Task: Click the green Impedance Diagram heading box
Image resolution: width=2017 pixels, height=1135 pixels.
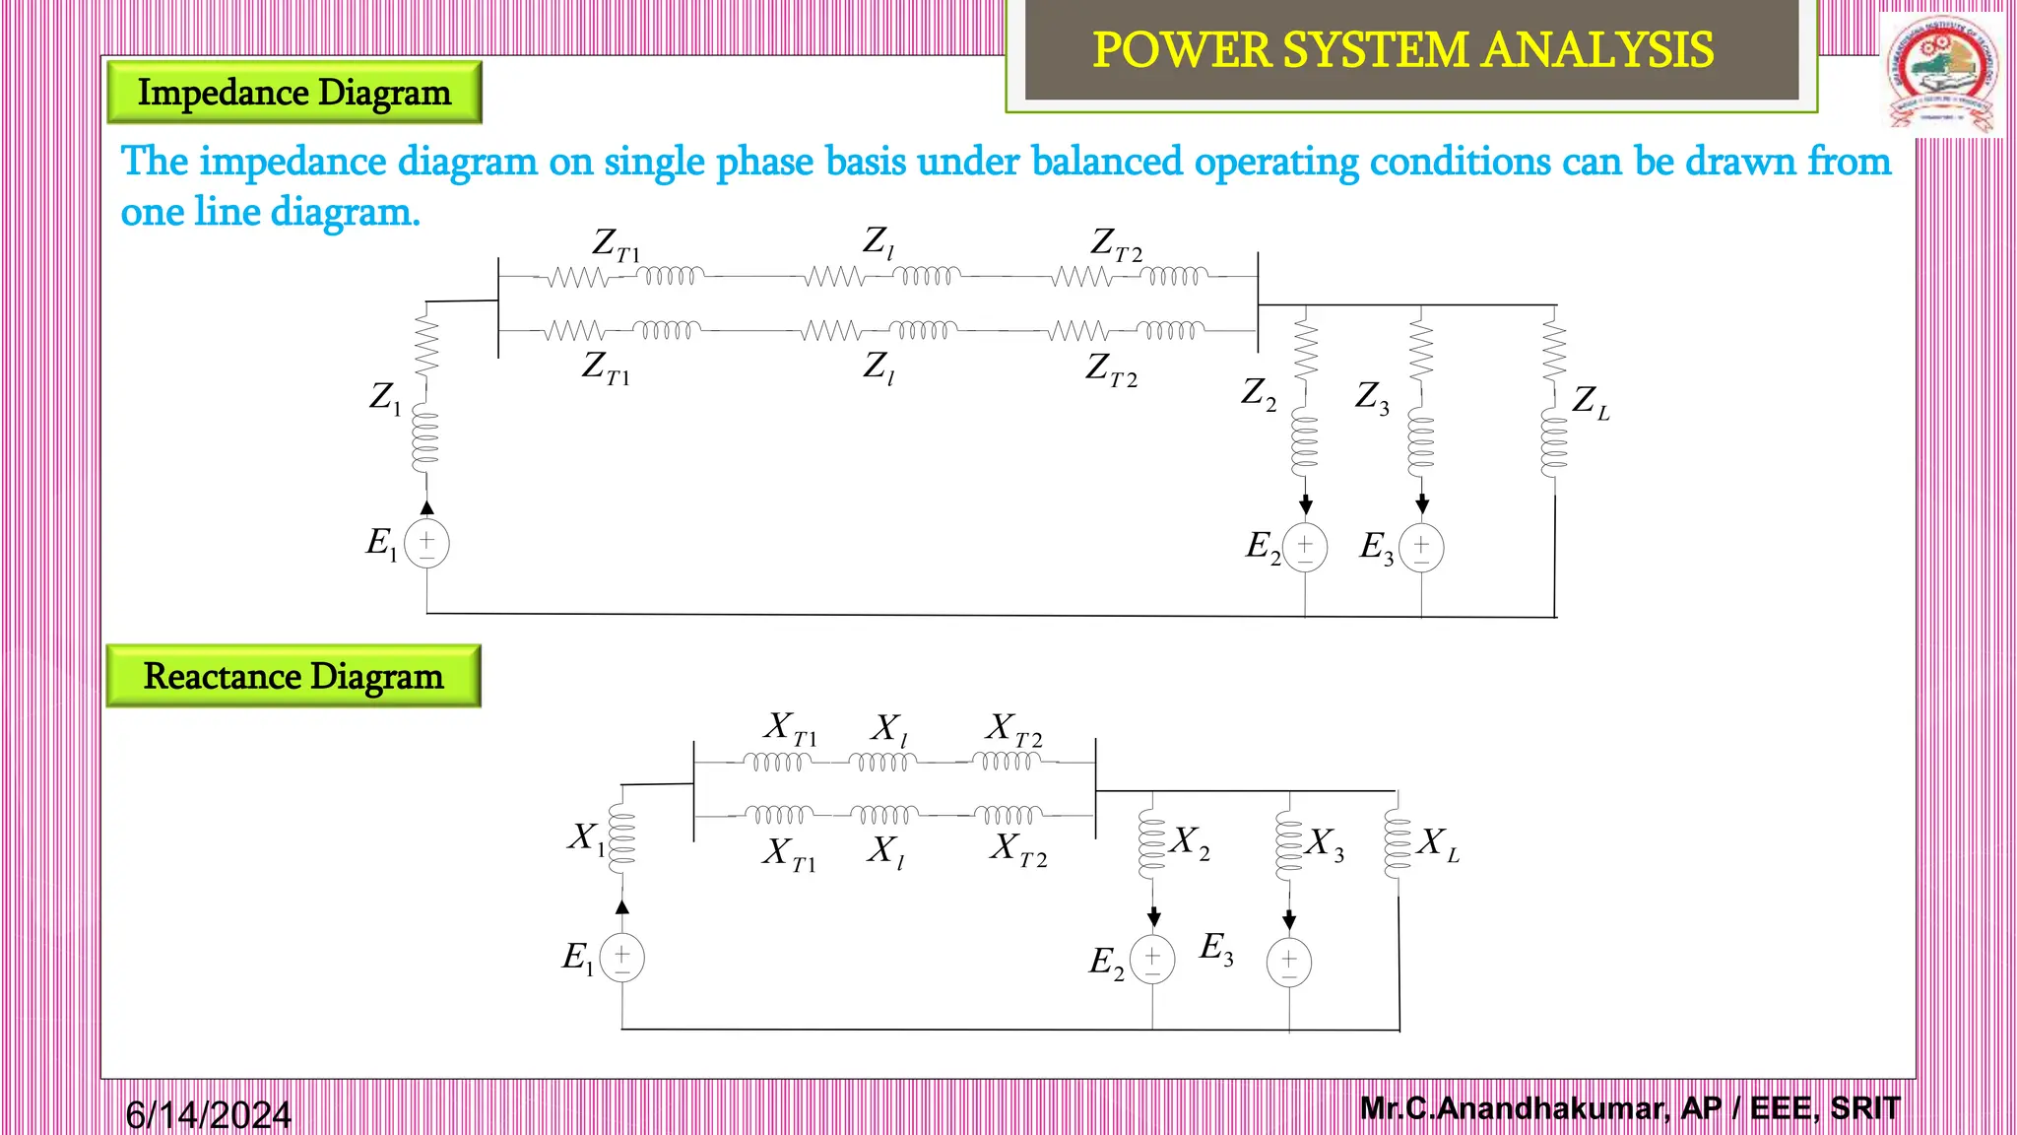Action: click(293, 93)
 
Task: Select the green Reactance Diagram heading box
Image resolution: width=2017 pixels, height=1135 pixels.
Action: click(293, 677)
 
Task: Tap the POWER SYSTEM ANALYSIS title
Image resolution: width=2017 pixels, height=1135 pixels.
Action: click(1402, 50)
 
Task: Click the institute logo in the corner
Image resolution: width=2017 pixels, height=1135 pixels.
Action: click(1943, 74)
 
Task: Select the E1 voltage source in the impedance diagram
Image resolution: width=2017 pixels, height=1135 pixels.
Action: click(426, 544)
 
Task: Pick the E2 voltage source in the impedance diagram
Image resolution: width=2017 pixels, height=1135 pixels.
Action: click(1305, 548)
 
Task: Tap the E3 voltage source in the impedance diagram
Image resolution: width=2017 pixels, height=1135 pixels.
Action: click(1421, 548)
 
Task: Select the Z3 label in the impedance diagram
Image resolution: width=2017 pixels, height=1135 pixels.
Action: click(1372, 397)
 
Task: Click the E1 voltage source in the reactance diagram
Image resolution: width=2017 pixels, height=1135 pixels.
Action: click(622, 958)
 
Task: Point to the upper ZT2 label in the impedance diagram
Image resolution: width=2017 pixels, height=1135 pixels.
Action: click(1116, 244)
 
